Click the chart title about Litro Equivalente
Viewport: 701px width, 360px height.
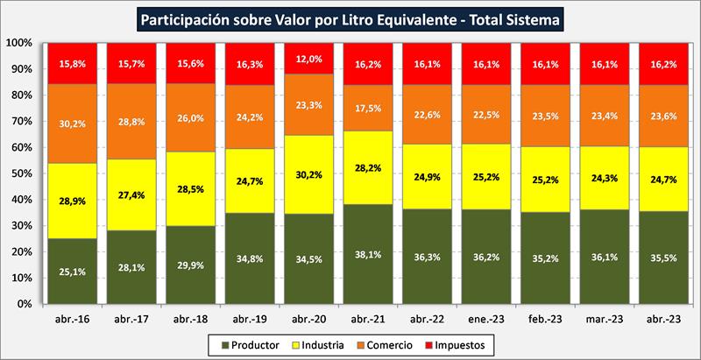pos(350,18)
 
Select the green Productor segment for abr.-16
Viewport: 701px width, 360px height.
pos(74,271)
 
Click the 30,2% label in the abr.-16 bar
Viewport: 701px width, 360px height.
pos(74,124)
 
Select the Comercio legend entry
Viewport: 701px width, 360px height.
pos(392,346)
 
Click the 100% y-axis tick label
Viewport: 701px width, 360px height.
pos(18,43)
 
